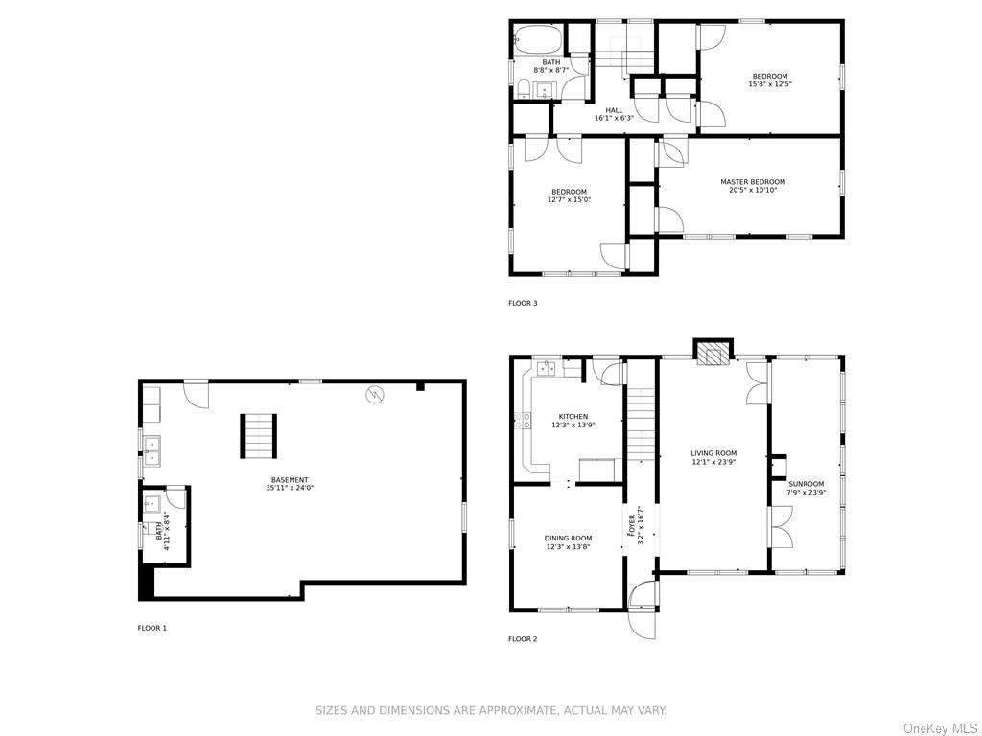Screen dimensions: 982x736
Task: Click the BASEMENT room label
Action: coord(290,480)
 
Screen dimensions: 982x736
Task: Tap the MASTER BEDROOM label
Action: coord(752,182)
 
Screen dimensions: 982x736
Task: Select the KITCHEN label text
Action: coord(573,417)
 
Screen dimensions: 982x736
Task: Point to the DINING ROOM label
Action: coord(568,539)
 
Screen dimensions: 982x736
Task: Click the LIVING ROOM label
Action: coord(713,453)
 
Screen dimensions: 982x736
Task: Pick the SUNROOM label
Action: coord(806,484)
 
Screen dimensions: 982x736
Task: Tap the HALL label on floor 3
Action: coord(614,110)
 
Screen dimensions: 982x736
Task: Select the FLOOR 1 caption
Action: coord(152,628)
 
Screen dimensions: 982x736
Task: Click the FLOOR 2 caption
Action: coord(523,639)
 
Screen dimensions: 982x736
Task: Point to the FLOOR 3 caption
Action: coord(523,304)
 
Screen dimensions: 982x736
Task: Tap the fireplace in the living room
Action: coord(713,352)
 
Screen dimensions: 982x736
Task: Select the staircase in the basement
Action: coord(259,436)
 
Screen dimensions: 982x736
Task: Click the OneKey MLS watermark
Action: coord(940,728)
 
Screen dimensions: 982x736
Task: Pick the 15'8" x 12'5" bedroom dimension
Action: coord(770,84)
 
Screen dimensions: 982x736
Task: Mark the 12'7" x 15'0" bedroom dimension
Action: coord(569,200)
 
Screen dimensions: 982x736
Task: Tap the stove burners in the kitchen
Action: coord(523,421)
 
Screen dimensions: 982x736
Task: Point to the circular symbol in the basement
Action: coord(375,395)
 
